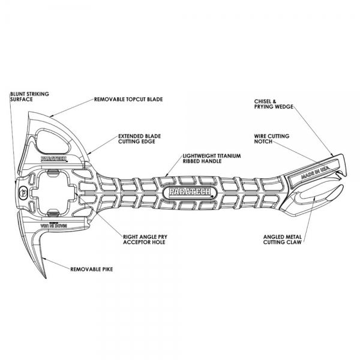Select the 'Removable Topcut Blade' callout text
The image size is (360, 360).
tap(128, 98)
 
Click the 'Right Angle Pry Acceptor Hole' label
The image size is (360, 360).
tap(148, 239)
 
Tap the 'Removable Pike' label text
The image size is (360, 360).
tap(91, 269)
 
